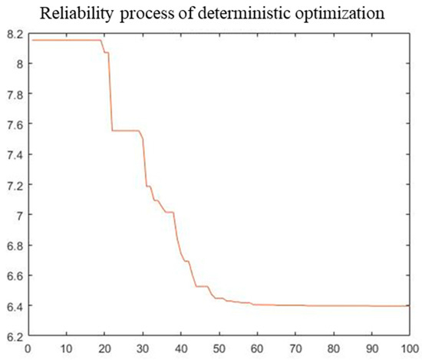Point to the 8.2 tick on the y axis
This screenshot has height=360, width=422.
click(15, 34)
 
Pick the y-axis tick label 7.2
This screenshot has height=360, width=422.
click(15, 185)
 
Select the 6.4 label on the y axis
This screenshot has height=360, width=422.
click(15, 306)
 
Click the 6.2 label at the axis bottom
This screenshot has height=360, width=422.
click(15, 335)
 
